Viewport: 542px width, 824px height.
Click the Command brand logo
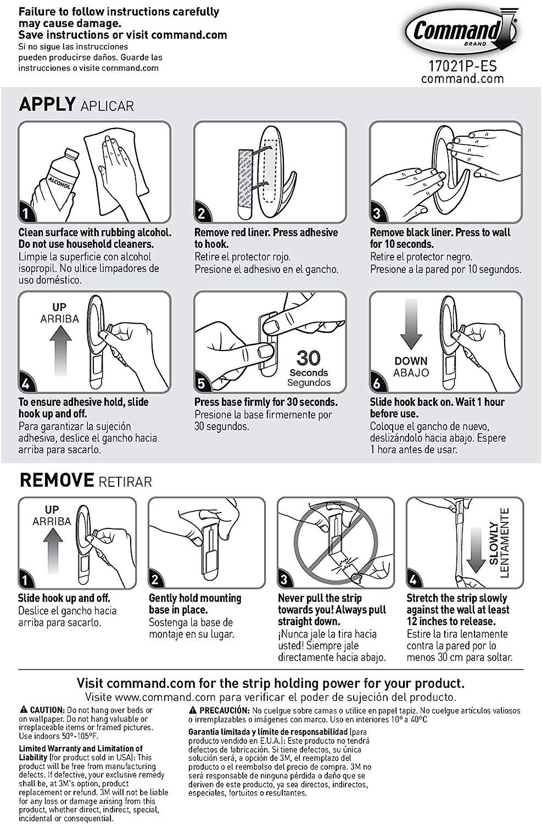click(x=461, y=31)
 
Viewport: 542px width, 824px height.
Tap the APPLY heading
click(x=47, y=104)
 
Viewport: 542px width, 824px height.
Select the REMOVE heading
click(x=57, y=480)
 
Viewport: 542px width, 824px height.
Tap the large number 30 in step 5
click(x=308, y=358)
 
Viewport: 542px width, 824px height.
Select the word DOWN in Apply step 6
click(x=411, y=361)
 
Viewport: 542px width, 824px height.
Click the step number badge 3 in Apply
click(x=377, y=213)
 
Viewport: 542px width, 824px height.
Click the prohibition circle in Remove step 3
click(x=335, y=541)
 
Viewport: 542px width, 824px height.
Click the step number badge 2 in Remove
click(x=155, y=579)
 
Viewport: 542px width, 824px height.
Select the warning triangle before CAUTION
click(x=23, y=710)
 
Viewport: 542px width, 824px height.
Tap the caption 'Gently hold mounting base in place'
click(x=194, y=604)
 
